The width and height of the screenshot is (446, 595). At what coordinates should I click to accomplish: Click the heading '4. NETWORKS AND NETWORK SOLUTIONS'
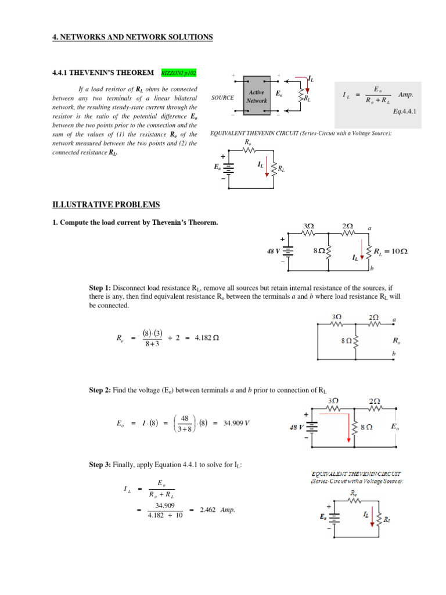coord(133,37)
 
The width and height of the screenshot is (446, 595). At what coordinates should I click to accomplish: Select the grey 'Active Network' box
coord(257,96)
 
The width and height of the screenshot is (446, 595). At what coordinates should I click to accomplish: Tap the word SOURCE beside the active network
coord(223,98)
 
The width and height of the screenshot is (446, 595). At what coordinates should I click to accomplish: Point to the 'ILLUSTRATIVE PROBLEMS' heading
coord(106,205)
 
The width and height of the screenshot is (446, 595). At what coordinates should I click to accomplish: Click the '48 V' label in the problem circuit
coord(274,250)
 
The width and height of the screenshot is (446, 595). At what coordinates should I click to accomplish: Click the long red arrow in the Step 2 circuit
coord(349,427)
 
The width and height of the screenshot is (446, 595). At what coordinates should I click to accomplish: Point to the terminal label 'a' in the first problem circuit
coord(370,227)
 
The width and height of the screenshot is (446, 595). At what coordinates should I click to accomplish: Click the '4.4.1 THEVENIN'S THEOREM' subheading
coord(103,73)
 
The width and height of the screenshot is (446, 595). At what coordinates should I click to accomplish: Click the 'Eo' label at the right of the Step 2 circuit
coord(395,426)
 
